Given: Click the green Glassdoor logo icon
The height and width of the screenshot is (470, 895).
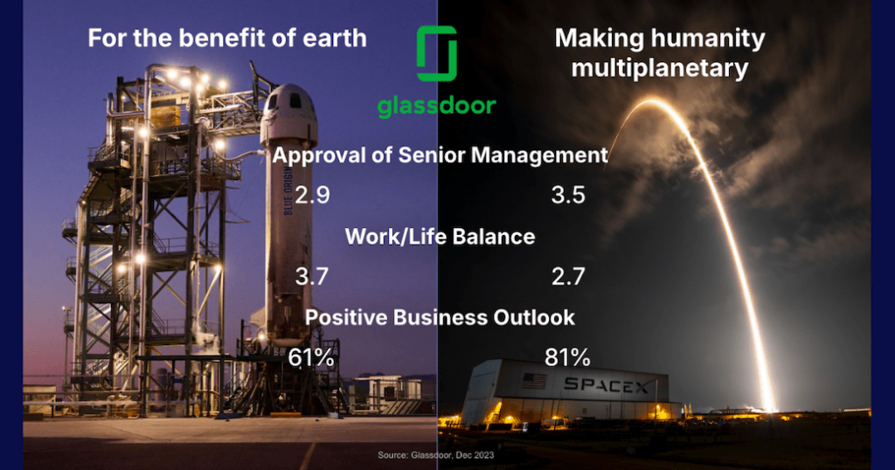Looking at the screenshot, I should click(436, 53).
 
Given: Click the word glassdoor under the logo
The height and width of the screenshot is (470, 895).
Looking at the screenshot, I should click(436, 107).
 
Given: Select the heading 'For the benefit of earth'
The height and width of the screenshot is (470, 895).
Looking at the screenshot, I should click(225, 39).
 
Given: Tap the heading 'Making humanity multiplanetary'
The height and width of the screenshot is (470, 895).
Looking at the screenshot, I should click(660, 52).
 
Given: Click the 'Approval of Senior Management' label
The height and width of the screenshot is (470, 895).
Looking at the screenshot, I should click(441, 156).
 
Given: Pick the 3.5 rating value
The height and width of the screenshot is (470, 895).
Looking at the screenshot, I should click(568, 194).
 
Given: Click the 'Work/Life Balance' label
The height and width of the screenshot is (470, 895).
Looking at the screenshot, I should click(441, 236).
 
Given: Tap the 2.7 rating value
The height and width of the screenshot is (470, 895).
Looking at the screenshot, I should click(568, 277).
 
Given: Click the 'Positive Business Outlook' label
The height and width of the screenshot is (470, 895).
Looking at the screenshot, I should click(440, 316).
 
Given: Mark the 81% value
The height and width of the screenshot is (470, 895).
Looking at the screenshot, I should click(568, 357).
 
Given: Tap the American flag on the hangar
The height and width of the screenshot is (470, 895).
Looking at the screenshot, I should click(534, 381).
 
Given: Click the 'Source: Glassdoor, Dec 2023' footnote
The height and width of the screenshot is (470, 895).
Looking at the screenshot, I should click(435, 455).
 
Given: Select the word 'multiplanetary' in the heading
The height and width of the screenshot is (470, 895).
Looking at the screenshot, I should click(660, 67).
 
